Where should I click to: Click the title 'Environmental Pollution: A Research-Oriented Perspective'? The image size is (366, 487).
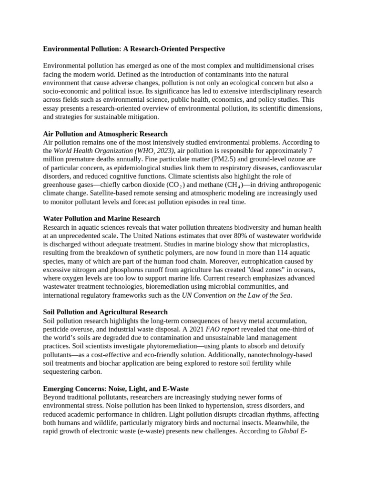tap(134, 49)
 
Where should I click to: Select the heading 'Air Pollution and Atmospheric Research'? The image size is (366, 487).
tap(105, 134)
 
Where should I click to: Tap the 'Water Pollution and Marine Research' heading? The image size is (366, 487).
tap(102, 219)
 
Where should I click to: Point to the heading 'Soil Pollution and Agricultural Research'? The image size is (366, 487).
tap(105, 312)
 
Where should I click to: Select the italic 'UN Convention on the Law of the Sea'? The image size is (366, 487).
tap(236, 295)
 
